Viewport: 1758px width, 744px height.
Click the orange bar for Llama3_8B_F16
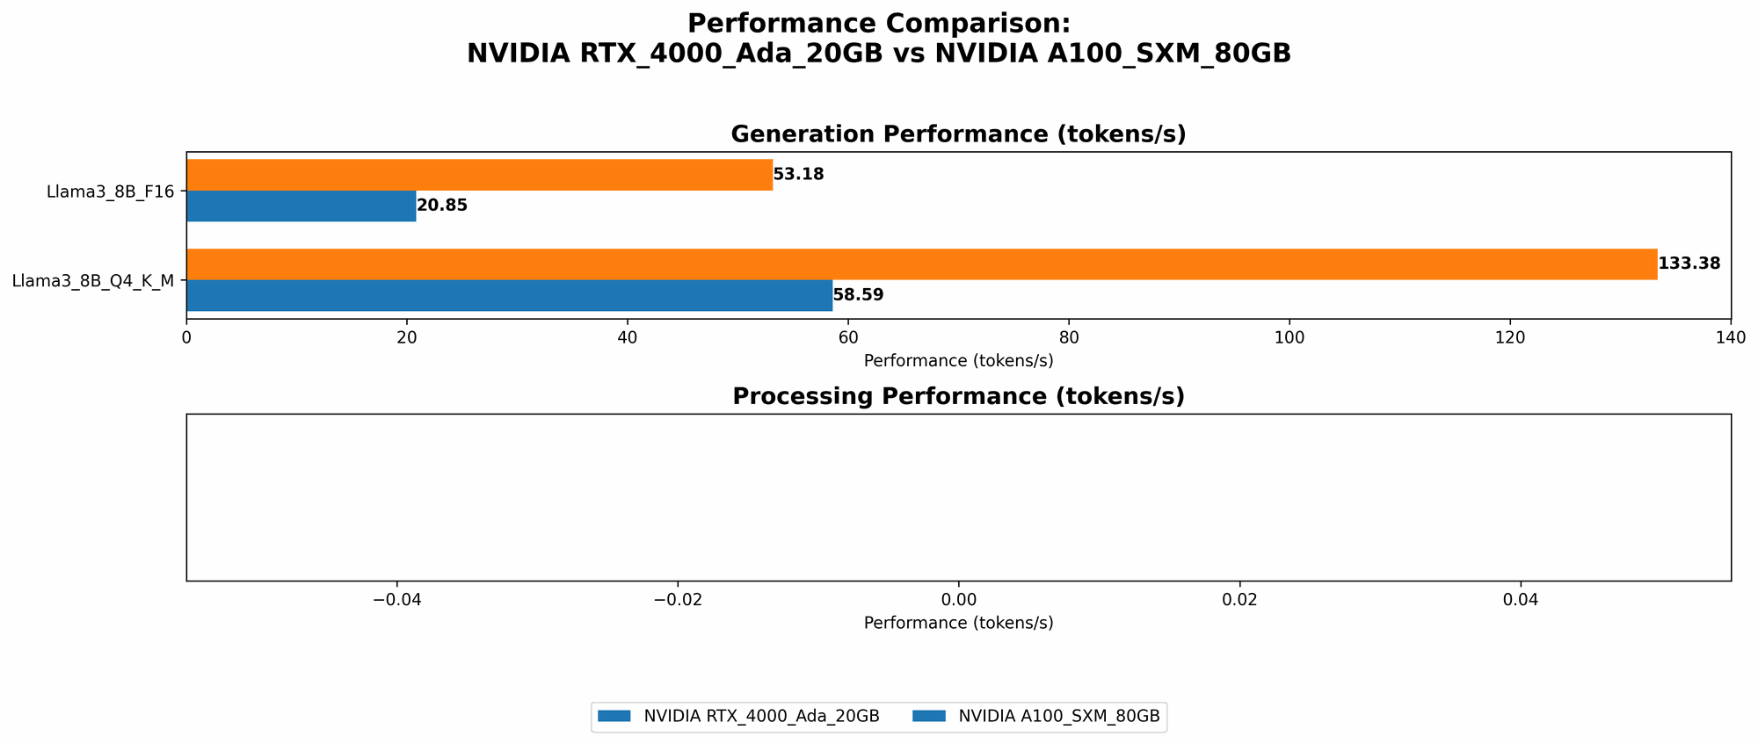click(479, 175)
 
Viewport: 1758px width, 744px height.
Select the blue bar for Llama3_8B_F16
click(301, 206)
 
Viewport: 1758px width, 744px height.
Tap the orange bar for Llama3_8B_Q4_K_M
click(921, 264)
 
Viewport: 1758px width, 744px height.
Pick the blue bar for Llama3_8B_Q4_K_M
click(509, 295)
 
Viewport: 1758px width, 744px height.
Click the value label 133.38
click(1689, 264)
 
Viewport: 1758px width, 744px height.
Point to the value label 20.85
click(442, 206)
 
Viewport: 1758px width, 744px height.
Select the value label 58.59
click(858, 295)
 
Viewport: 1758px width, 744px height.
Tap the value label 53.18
click(798, 175)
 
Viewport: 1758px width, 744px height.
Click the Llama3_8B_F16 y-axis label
click(110, 191)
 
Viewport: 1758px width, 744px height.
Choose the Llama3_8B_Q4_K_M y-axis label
click(92, 281)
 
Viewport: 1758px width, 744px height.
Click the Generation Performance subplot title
click(958, 134)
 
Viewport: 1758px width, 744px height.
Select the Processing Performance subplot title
click(958, 397)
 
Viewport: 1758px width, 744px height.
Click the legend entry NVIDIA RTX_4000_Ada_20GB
click(761, 717)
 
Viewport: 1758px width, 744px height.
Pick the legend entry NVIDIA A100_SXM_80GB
click(1058, 717)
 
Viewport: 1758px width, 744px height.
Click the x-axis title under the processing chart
click(958, 623)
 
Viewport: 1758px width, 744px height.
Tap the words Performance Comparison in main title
click(878, 23)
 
